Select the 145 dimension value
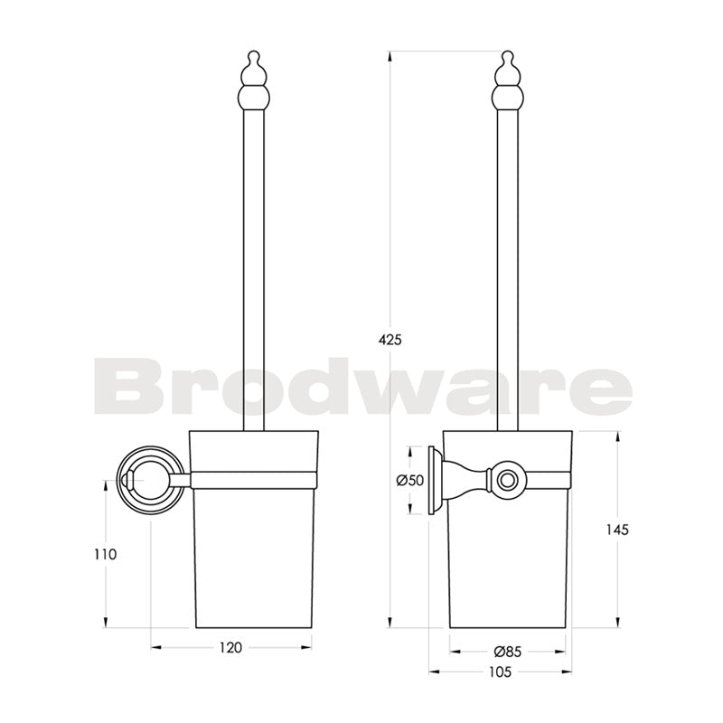(617, 530)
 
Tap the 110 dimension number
(105, 554)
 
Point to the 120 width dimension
(232, 647)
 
